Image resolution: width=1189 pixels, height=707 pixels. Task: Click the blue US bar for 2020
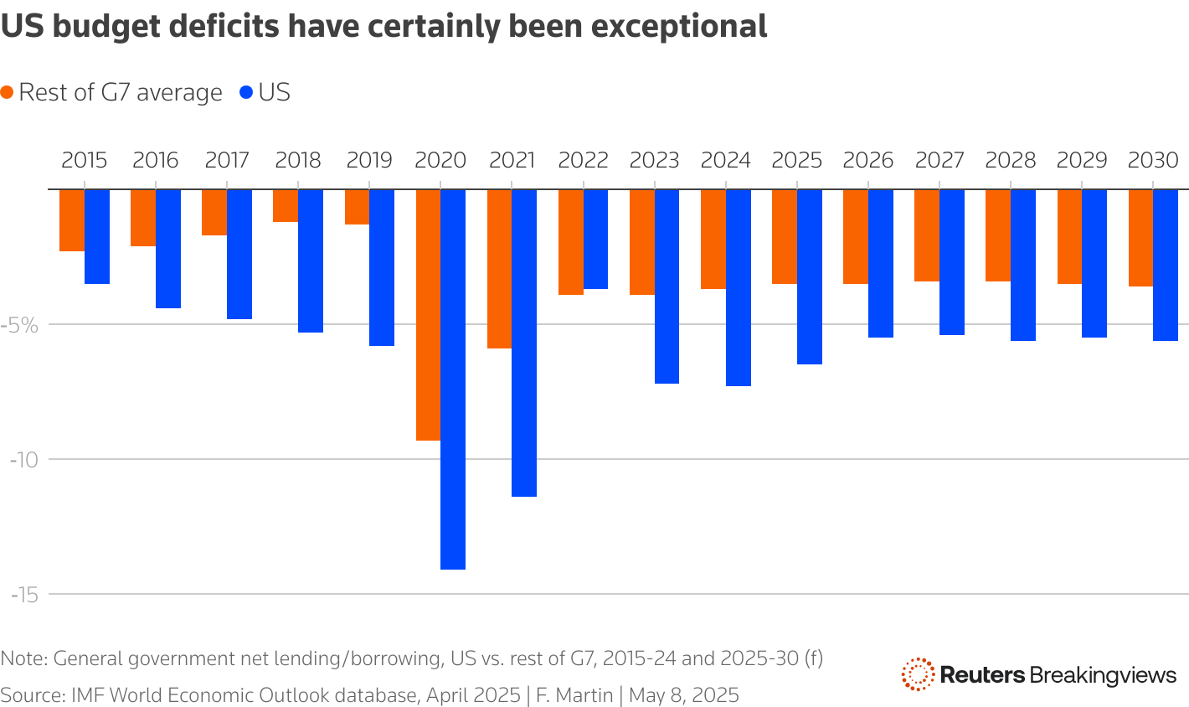tap(453, 379)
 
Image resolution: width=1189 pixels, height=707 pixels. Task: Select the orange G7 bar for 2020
tap(428, 314)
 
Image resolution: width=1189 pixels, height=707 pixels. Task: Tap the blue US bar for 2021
tap(524, 343)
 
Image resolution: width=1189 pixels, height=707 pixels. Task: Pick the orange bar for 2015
tap(71, 220)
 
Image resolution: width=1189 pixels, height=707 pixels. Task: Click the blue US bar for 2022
tap(595, 240)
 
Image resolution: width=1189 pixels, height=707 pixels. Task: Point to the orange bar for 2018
tap(286, 206)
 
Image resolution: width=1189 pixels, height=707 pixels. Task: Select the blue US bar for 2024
tap(738, 287)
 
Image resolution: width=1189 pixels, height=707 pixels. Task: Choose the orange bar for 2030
tap(1140, 238)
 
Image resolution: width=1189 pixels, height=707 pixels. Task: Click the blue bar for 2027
tap(951, 262)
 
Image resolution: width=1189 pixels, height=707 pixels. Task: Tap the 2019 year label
tap(369, 160)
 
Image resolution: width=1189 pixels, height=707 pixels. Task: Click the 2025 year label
tap(796, 160)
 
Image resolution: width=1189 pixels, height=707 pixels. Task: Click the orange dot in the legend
tap(8, 93)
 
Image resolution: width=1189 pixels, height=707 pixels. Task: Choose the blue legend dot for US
tap(246, 93)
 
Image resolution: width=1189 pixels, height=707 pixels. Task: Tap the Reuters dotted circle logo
tap(918, 674)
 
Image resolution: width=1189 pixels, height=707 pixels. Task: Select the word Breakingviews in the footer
tap(1103, 674)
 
